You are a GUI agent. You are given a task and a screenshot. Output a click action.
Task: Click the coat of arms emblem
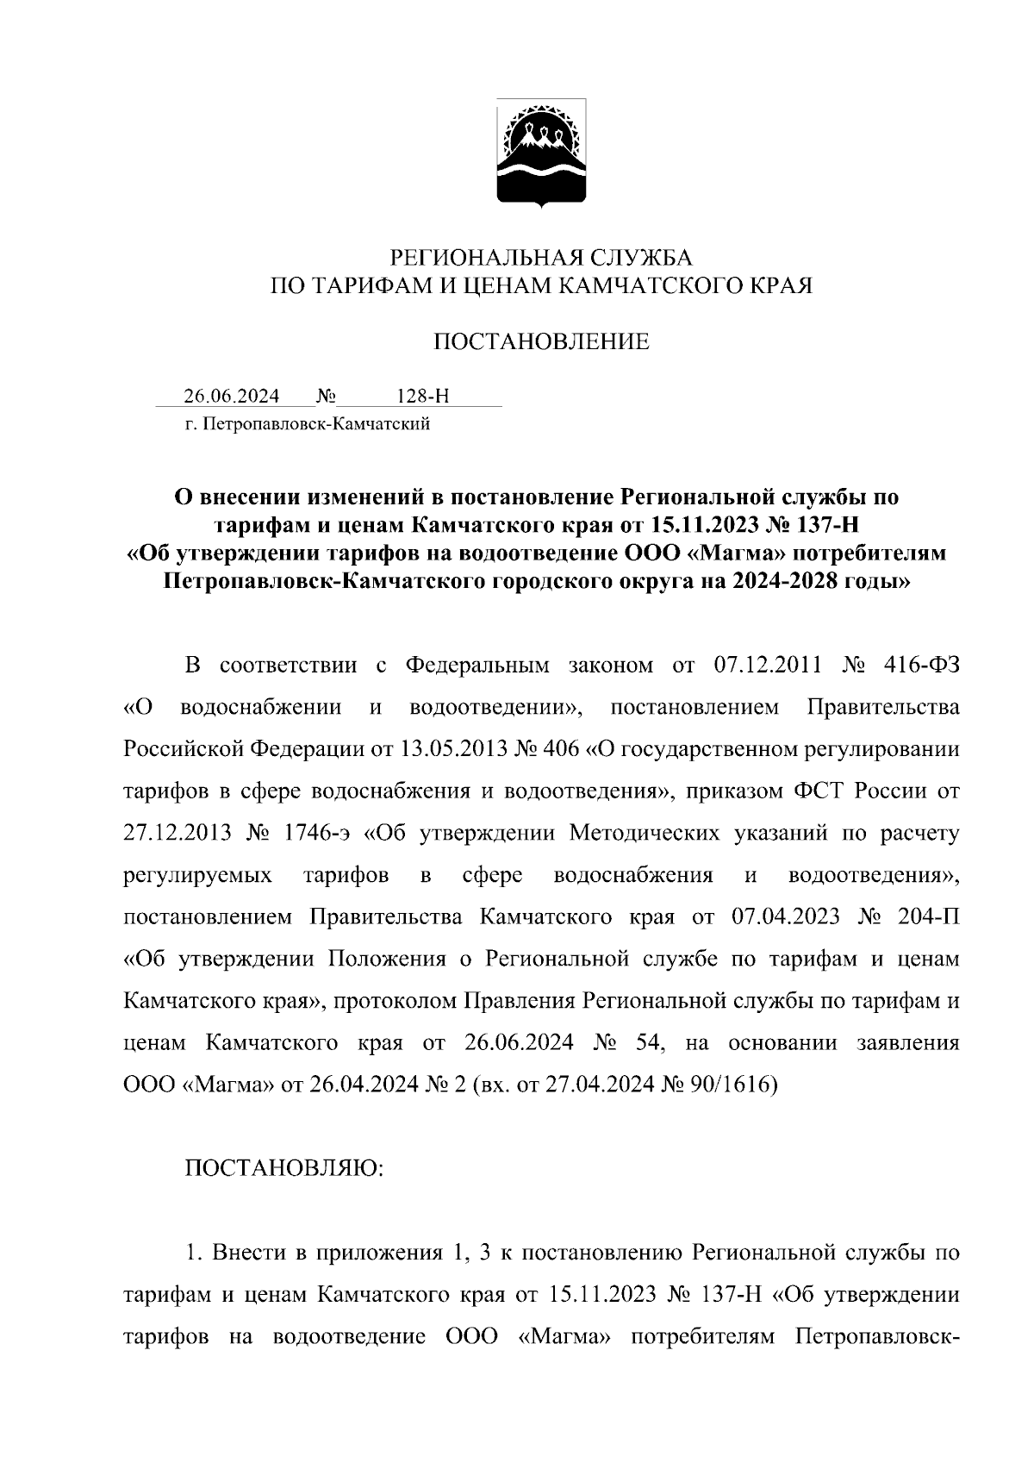(541, 153)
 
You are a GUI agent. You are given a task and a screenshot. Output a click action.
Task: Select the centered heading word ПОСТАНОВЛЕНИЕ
(540, 342)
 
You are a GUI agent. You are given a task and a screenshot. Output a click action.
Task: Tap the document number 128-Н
(422, 397)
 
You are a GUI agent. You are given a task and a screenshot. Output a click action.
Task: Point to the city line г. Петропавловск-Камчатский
(307, 424)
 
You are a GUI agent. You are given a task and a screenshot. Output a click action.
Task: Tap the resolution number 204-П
(927, 916)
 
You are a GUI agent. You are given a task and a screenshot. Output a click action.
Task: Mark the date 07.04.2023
(785, 916)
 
